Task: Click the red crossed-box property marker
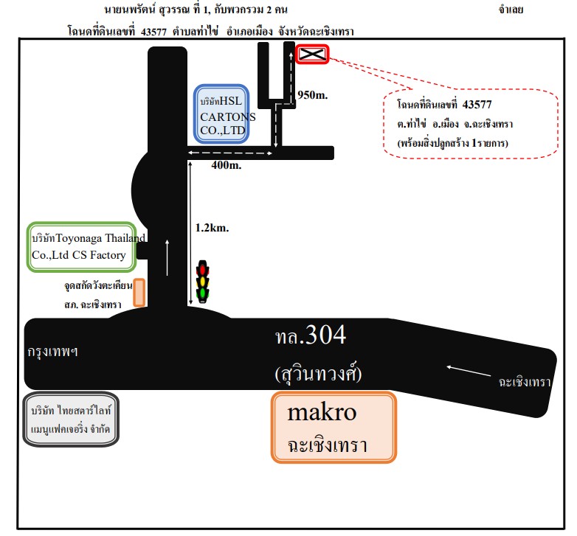(312, 54)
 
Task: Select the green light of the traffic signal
(202, 293)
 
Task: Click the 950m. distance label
(312, 95)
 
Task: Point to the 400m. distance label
(227, 165)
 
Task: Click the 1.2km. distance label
(212, 228)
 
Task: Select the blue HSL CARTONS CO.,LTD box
(221, 114)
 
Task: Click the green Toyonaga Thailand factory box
(82, 247)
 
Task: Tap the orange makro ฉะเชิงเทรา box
(334, 427)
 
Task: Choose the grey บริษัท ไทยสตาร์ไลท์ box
(71, 420)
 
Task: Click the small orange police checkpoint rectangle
(139, 293)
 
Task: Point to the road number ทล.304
(311, 335)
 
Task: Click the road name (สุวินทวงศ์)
(318, 374)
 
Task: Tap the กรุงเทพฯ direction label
(52, 352)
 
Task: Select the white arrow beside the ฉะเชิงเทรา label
(469, 371)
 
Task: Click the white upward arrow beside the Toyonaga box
(167, 257)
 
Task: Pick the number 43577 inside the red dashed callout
(477, 105)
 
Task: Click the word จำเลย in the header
(511, 10)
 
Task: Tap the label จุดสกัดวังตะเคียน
(98, 285)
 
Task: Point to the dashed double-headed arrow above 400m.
(230, 153)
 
